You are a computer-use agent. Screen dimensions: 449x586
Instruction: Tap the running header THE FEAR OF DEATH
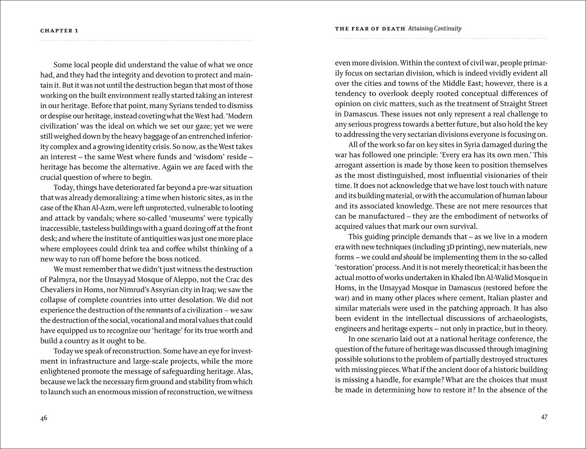click(x=370, y=29)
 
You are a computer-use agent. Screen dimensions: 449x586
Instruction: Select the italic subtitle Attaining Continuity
click(x=434, y=29)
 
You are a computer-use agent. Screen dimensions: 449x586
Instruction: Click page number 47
click(x=544, y=417)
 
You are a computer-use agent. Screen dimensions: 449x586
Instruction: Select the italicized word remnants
click(x=161, y=310)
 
